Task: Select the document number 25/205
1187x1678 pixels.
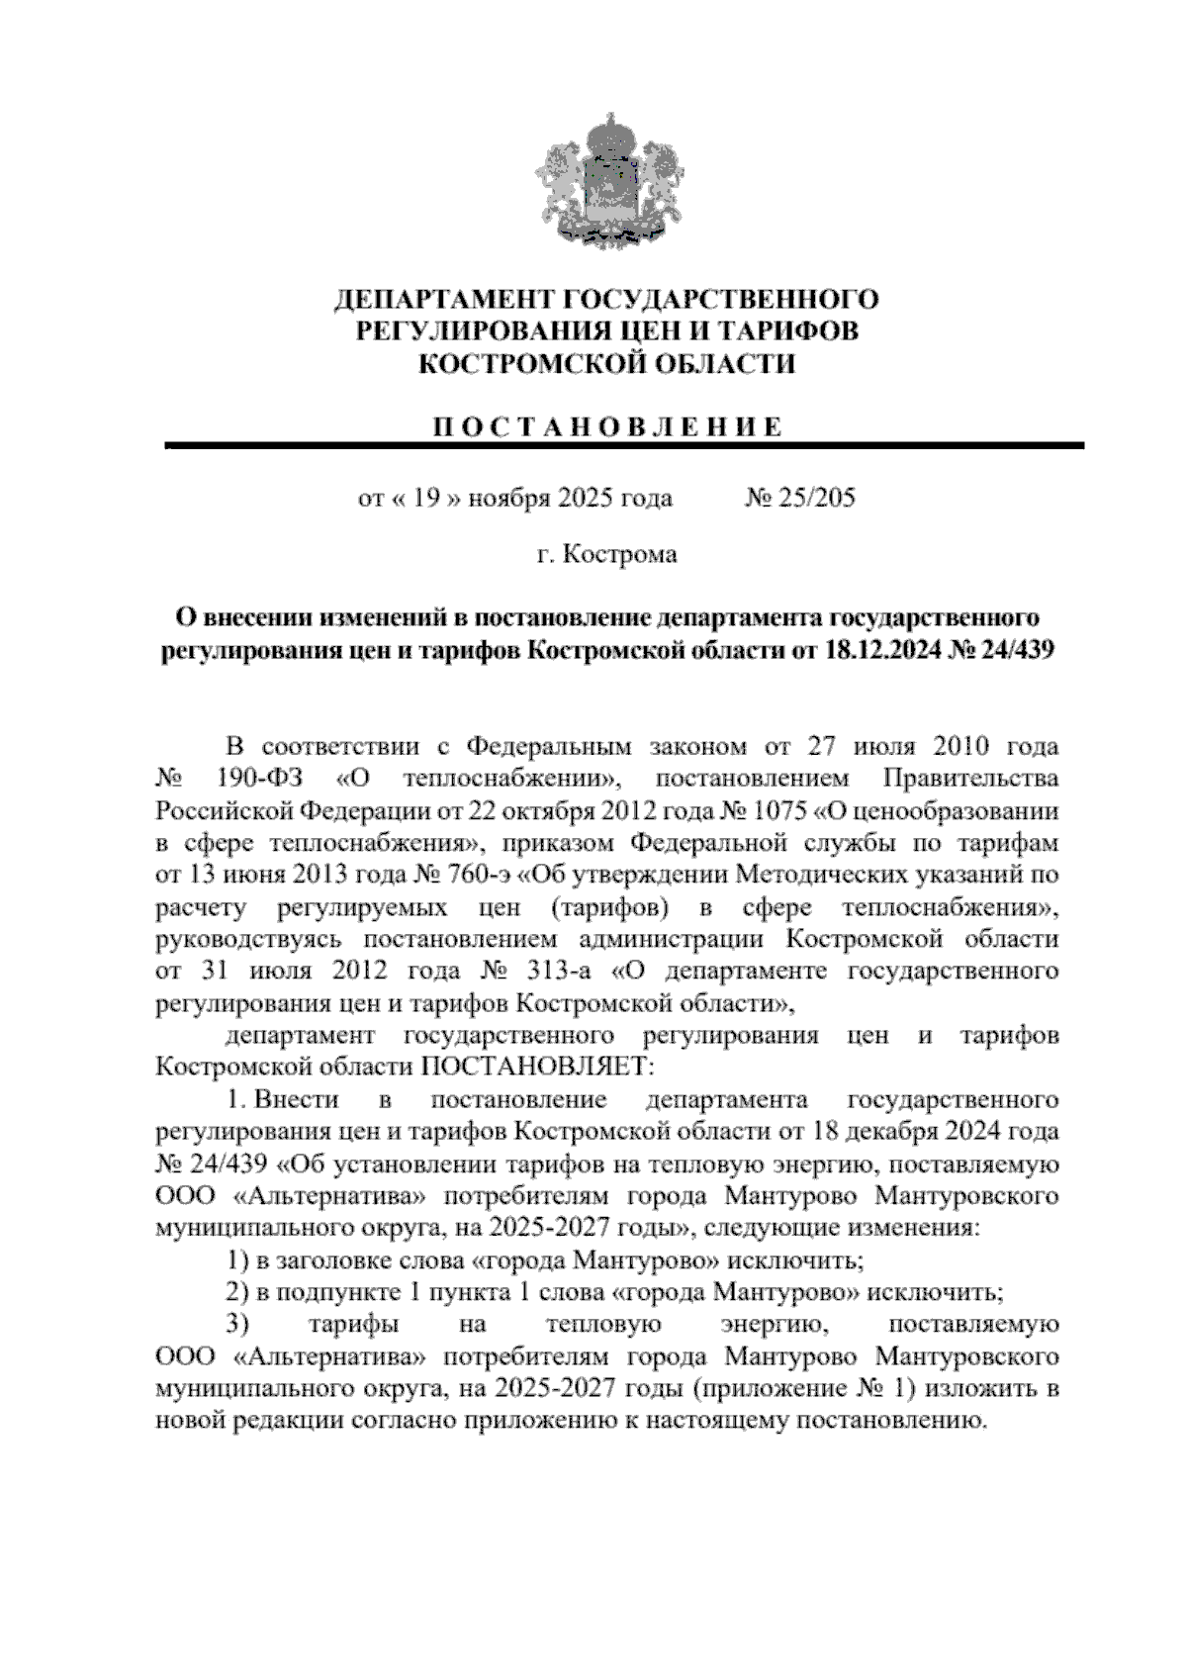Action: point(816,498)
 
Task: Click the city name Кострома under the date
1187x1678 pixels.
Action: point(620,554)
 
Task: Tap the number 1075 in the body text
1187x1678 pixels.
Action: point(776,810)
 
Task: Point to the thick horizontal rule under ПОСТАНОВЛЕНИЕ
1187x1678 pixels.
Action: point(623,447)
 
